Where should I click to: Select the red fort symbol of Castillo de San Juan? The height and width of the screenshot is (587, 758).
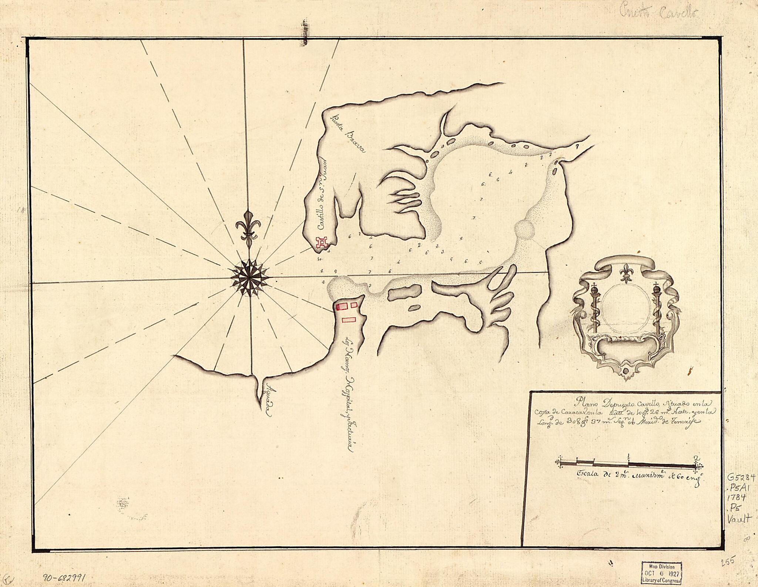click(x=322, y=243)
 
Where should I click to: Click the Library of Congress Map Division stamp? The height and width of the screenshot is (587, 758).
click(x=662, y=573)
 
